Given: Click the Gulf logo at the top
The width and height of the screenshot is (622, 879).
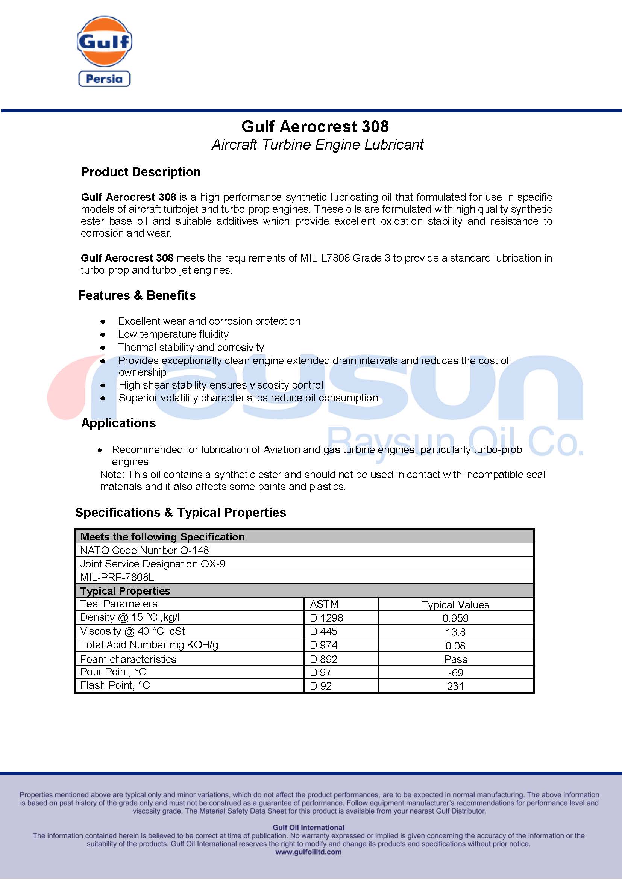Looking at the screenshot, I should pos(104,41).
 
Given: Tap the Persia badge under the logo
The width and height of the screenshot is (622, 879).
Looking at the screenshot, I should pos(104,79).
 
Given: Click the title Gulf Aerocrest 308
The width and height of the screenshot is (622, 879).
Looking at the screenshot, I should pos(315,127).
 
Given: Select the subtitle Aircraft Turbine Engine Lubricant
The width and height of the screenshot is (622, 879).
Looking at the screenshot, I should pos(317,145).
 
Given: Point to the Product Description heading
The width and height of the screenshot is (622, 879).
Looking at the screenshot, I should pos(141,172).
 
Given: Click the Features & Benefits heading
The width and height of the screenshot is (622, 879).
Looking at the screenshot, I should pos(137,295).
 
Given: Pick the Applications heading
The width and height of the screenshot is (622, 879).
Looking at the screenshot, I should pos(118,423).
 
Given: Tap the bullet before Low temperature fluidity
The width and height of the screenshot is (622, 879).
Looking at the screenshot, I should pos(103,335).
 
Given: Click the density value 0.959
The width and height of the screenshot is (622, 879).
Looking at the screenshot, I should pos(455,618).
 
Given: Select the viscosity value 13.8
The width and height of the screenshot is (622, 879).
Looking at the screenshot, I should pos(455,632).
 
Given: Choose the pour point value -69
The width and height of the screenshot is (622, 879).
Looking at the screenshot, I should pos(455,673).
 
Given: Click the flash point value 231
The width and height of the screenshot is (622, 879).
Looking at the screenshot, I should pos(455,686).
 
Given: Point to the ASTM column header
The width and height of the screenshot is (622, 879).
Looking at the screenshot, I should pos(324,604).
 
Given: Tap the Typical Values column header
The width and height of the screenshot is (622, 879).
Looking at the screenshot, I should pos(455,605).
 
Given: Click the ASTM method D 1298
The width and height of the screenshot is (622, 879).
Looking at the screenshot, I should pos(326,618).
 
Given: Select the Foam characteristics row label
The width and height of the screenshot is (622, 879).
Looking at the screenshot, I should pos(128,659).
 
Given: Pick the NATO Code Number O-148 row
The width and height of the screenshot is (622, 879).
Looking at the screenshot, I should pos(144,550).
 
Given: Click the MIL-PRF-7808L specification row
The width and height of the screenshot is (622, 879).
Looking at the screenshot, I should pos(117,577).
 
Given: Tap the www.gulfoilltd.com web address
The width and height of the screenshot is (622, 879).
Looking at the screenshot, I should pos(308,852).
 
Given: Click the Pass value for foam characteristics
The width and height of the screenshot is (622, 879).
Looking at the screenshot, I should pos(455,659).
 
